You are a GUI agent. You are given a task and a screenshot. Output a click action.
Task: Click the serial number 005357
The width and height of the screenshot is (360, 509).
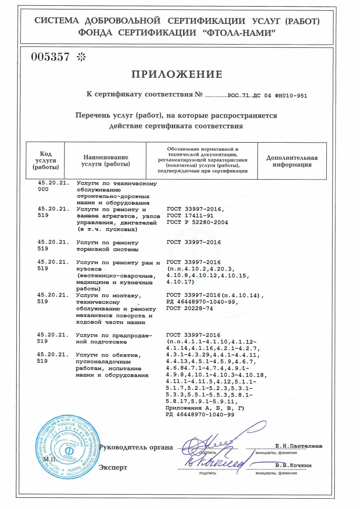tap(50, 57)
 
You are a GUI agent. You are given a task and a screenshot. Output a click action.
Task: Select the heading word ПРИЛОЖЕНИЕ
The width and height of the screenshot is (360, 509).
tap(177, 75)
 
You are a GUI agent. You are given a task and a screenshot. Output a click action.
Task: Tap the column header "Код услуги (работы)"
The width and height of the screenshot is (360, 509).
tap(45, 161)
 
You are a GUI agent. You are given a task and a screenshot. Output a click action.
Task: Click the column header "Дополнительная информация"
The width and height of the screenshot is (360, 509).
tap(292, 161)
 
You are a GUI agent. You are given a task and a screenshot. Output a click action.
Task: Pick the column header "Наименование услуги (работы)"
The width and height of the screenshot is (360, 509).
tap(106, 161)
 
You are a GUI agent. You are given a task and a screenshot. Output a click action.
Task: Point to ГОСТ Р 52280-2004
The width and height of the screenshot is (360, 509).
tap(197, 222)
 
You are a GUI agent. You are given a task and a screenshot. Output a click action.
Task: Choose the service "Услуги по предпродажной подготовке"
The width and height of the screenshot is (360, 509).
tap(115, 338)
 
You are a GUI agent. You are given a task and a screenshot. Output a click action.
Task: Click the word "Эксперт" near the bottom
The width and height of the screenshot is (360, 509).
tap(113, 468)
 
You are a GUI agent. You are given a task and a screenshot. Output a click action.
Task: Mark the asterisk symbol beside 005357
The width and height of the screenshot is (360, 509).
tap(81, 57)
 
